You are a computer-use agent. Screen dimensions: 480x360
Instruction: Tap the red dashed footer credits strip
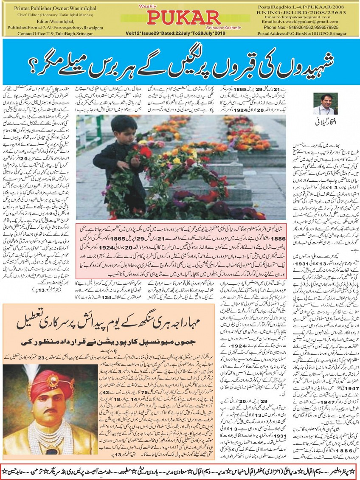coord(180,469)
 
